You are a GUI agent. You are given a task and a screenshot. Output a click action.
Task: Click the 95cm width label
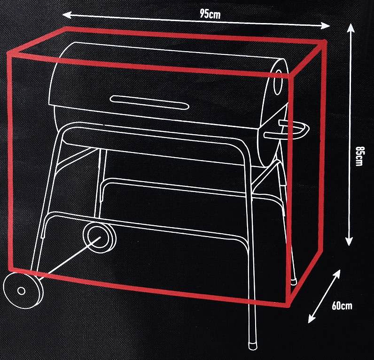pos(210,14)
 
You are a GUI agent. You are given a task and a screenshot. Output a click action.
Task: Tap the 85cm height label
pos(359,156)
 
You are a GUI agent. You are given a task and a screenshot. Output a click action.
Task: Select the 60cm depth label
pos(342,306)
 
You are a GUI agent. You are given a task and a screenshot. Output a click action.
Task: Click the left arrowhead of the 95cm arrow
pos(66,15)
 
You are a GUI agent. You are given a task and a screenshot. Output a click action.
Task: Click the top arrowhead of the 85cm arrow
pos(351,27)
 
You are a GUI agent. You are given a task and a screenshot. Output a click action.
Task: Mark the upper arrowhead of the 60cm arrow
pos(337,273)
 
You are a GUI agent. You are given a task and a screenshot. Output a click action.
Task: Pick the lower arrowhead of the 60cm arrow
pos(311,319)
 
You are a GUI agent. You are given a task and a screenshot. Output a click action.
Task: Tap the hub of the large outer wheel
pos(22,291)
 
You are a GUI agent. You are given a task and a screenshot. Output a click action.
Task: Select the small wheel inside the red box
pos(100,235)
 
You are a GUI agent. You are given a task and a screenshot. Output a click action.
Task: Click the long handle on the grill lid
pos(149,102)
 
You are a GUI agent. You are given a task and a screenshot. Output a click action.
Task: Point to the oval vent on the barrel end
pos(278,82)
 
